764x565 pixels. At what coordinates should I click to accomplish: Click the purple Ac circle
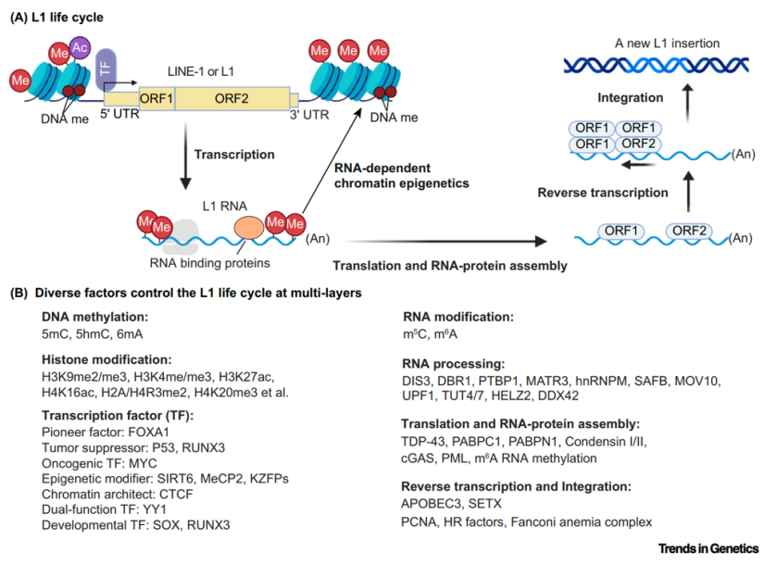pos(80,47)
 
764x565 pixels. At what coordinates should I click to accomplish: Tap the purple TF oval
pos(106,69)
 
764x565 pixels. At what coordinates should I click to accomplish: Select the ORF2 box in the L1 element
pos(232,98)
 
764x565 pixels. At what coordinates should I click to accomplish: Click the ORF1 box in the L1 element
pos(157,98)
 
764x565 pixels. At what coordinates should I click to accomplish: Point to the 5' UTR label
pos(119,114)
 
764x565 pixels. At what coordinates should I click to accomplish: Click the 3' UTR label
pos(309,115)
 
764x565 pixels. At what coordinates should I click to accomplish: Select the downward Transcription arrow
pos(185,156)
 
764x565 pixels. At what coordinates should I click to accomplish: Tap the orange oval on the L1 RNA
pos(249,228)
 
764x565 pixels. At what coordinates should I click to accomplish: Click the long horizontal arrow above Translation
pos(445,241)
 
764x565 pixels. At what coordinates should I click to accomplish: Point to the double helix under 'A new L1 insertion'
pos(656,65)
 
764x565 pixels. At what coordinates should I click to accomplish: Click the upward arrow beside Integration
pos(687,103)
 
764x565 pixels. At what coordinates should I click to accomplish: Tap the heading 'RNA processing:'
pos(453,364)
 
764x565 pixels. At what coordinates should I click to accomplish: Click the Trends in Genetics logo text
pos(708,548)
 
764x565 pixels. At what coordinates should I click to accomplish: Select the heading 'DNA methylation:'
pos(95,317)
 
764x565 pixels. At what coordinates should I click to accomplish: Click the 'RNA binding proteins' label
pos(209,263)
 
